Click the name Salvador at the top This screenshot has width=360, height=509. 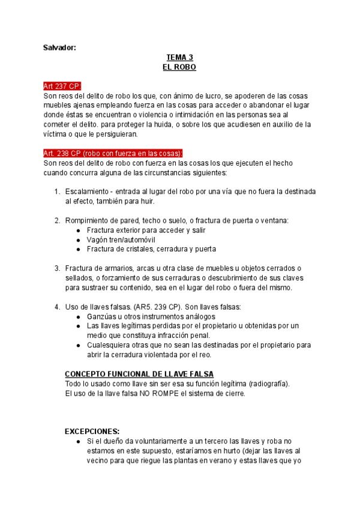click(x=59, y=47)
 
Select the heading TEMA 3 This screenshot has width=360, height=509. click(x=179, y=58)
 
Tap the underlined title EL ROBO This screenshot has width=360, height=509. click(x=179, y=68)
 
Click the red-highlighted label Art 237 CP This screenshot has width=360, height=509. click(x=62, y=86)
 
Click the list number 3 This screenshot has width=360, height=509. click(x=57, y=268)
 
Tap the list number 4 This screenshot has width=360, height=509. click(x=57, y=307)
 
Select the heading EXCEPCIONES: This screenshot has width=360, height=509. click(x=92, y=431)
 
